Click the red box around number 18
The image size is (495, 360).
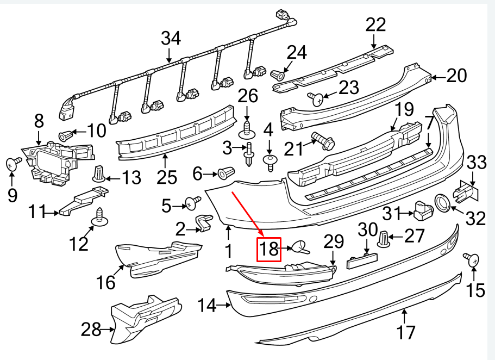click(269, 250)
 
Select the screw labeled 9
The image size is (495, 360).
click(12, 163)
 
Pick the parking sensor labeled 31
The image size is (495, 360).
click(423, 210)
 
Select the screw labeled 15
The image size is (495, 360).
click(471, 259)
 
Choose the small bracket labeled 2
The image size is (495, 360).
click(202, 223)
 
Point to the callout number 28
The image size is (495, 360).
click(91, 329)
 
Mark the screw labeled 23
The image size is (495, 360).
click(317, 98)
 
